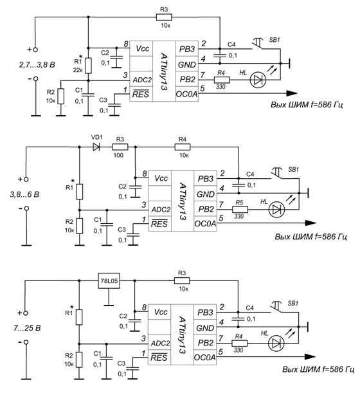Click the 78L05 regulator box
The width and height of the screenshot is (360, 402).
point(109,280)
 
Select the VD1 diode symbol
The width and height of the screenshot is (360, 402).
point(96,147)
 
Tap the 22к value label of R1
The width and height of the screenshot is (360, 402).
point(78,69)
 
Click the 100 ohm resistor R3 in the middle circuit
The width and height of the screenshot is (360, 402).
point(120,147)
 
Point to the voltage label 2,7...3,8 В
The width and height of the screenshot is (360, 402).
point(37,64)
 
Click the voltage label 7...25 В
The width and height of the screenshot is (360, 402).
point(27,328)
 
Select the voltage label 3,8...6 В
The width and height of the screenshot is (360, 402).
point(24,195)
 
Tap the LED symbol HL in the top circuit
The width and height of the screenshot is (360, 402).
point(258,80)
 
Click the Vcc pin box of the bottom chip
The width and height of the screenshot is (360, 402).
point(159,312)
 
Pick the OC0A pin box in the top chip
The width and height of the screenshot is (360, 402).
point(186,94)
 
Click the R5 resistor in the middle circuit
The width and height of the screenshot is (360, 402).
point(240,210)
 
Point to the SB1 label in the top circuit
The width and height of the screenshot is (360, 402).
point(274,40)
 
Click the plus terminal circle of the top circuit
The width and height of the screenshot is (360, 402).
point(35,50)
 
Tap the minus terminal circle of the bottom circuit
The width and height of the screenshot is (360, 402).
point(26,342)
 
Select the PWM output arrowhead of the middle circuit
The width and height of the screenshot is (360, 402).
point(310,223)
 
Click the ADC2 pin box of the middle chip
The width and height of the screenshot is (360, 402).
point(160,209)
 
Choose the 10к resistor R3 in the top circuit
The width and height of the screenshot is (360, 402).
point(164,17)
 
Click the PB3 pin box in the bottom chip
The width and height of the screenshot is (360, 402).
point(204,312)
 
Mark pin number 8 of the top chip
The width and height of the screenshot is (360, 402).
point(126,44)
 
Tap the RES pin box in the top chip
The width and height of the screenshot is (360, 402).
point(141,94)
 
